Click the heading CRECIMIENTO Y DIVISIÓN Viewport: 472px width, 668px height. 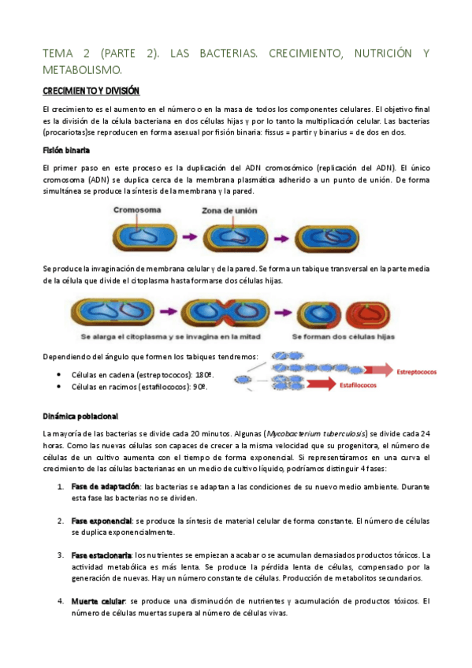pyautogui.click(x=91, y=91)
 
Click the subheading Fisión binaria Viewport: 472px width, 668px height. pyautogui.click(x=66, y=150)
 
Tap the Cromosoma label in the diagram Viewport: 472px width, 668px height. pyautogui.click(x=137, y=210)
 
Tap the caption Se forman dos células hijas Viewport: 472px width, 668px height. pyautogui.click(x=344, y=336)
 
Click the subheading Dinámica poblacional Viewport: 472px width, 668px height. pyautogui.click(x=80, y=415)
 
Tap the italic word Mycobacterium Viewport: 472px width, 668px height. pyautogui.click(x=296, y=433)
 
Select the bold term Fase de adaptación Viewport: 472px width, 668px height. pyautogui.click(x=105, y=486)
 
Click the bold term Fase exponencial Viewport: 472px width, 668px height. pyautogui.click(x=101, y=521)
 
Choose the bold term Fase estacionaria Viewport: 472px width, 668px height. pyautogui.click(x=102, y=555)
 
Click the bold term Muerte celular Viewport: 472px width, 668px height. pyautogui.click(x=98, y=602)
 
